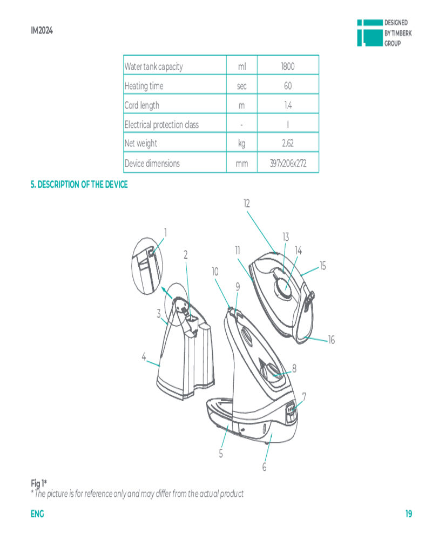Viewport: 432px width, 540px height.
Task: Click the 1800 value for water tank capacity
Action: (288, 66)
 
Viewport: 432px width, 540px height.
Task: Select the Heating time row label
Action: (144, 86)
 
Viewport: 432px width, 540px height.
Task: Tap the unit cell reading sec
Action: (241, 86)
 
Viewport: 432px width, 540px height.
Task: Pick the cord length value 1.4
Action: (288, 105)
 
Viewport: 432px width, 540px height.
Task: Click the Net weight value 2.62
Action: (288, 143)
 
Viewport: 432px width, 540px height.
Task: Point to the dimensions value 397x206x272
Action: (288, 163)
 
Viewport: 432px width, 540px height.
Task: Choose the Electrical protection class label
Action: (161, 124)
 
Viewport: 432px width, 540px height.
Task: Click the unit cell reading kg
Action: (241, 143)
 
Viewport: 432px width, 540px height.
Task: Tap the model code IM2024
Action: (42, 31)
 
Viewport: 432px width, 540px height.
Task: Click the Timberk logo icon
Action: (370, 33)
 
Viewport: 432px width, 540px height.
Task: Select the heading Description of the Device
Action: (79, 185)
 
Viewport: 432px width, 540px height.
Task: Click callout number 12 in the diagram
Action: (247, 204)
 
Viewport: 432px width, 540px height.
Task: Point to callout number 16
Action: (332, 340)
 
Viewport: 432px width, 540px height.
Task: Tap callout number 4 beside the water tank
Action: (144, 357)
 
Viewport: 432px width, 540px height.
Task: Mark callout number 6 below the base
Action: (264, 467)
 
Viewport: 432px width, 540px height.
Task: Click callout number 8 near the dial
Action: (294, 368)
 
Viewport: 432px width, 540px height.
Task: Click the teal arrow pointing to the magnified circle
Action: (167, 293)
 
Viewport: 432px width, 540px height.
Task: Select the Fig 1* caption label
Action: (38, 483)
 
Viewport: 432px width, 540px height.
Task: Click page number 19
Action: (409, 514)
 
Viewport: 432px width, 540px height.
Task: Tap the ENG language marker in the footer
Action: (37, 514)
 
